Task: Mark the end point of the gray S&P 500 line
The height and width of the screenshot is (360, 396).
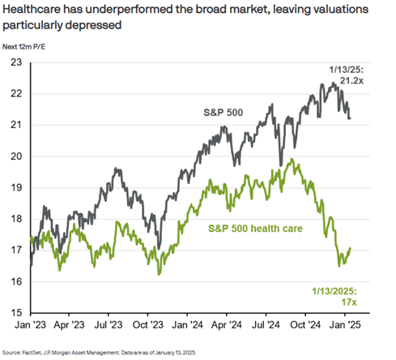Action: click(x=350, y=118)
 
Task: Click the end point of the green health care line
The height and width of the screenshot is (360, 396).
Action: click(x=350, y=249)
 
